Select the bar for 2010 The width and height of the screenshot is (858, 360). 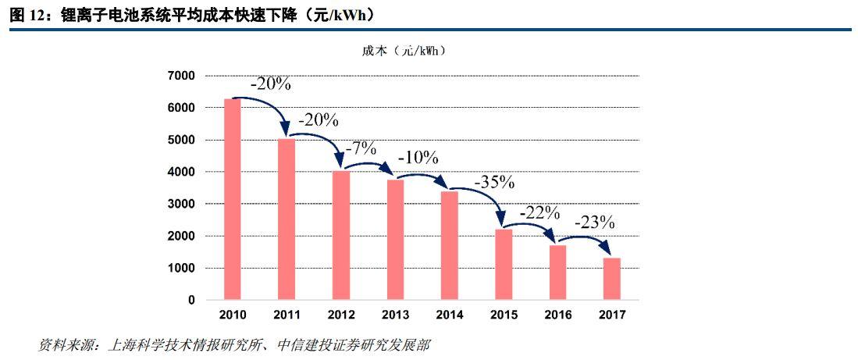[x=233, y=199]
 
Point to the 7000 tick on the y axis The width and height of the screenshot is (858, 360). [x=182, y=76]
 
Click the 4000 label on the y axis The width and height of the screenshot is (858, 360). [x=182, y=172]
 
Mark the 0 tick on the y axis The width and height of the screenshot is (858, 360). [x=191, y=300]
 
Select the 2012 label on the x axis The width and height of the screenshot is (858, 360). [x=340, y=315]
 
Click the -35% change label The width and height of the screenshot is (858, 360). [x=493, y=182]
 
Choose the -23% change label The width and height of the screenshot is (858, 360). [x=595, y=221]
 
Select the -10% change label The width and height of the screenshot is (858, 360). [x=418, y=156]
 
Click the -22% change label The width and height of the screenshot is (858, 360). [x=539, y=212]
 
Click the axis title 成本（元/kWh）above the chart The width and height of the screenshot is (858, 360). [x=404, y=51]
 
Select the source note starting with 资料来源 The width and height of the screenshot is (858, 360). [x=234, y=344]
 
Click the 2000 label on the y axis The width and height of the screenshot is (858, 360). [x=182, y=236]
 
